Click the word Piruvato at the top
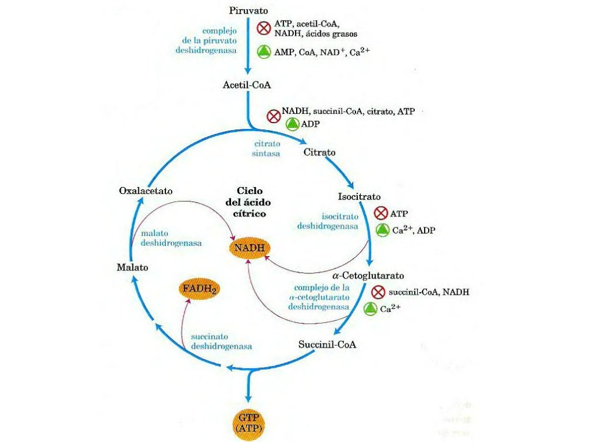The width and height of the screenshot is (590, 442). pyautogui.click(x=248, y=10)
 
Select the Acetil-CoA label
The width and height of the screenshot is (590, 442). pyautogui.click(x=247, y=85)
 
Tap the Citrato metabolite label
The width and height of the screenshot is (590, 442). pyautogui.click(x=319, y=153)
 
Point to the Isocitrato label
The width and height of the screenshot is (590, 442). pyautogui.click(x=359, y=197)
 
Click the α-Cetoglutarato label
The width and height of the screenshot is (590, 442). pyautogui.click(x=368, y=275)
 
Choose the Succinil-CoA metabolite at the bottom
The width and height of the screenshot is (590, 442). pyautogui.click(x=328, y=345)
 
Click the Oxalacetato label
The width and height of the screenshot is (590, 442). pyautogui.click(x=146, y=190)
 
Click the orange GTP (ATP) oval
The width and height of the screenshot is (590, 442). pyautogui.click(x=249, y=423)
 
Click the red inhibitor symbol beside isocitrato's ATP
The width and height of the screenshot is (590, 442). pyautogui.click(x=381, y=214)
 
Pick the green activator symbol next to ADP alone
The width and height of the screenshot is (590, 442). pyautogui.click(x=293, y=124)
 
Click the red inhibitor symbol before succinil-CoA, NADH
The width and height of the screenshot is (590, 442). pyautogui.click(x=378, y=292)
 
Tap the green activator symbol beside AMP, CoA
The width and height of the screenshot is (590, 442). pyautogui.click(x=264, y=51)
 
